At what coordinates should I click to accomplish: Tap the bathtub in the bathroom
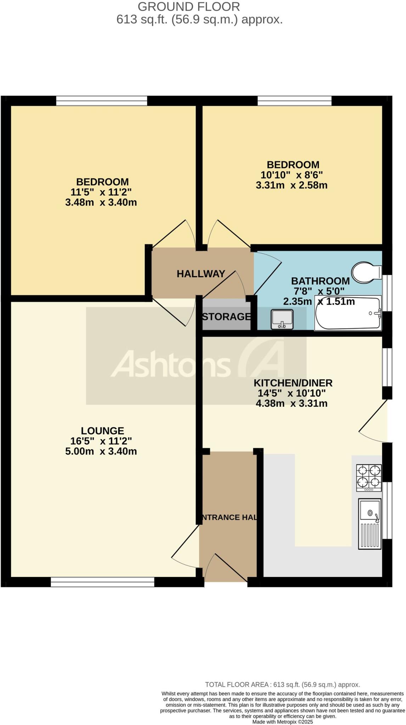tap(348, 313)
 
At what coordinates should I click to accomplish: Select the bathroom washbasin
tap(282, 319)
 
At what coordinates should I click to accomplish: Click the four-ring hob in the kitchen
tap(369, 478)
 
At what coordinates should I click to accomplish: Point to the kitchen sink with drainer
tap(370, 524)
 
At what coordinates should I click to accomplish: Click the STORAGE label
tap(226, 316)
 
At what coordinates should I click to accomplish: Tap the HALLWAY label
tap(201, 274)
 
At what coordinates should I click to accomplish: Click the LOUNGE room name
tap(102, 431)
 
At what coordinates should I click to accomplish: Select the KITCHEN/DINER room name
tap(293, 383)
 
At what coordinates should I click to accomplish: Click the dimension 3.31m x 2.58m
tap(291, 185)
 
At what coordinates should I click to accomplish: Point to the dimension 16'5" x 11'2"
tap(101, 441)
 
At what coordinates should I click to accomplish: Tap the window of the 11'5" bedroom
tap(101, 101)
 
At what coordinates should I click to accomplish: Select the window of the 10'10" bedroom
tap(294, 101)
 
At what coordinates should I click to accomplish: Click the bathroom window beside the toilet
tap(389, 293)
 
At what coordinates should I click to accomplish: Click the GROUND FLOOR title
tap(188, 6)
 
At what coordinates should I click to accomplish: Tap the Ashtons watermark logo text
tap(171, 364)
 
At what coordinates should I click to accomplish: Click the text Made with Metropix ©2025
tap(282, 722)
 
